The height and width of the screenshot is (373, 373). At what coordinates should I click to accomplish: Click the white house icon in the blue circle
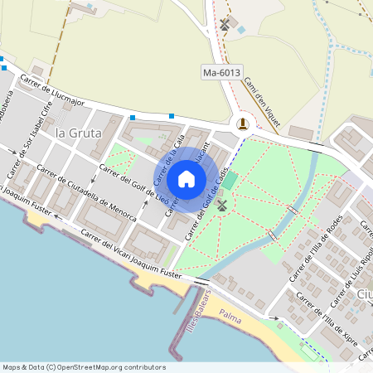point(186,178)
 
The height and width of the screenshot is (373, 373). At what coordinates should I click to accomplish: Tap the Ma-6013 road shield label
point(221,73)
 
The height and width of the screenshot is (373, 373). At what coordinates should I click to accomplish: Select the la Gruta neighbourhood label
point(78,132)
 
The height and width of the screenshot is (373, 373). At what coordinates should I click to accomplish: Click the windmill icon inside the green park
point(221,204)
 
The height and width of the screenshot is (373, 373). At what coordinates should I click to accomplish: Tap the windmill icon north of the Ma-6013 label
point(225,23)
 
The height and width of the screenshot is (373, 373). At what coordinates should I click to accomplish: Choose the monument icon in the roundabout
point(242,124)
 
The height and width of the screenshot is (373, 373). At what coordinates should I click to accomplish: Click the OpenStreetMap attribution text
point(83,367)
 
